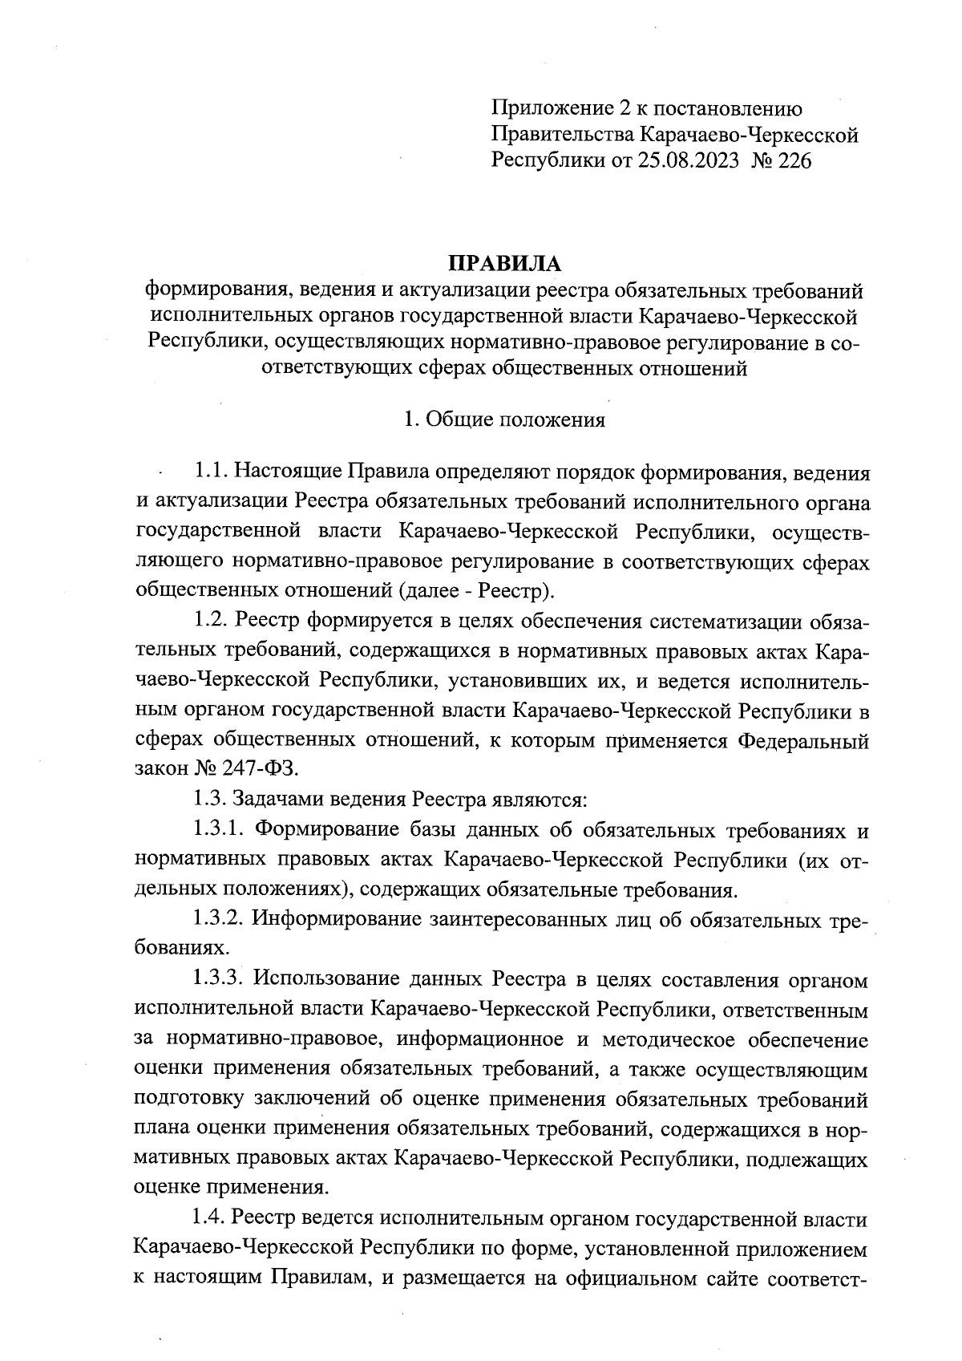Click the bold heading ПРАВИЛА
[x=504, y=263]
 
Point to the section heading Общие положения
[x=515, y=419]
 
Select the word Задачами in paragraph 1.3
[x=277, y=800]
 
